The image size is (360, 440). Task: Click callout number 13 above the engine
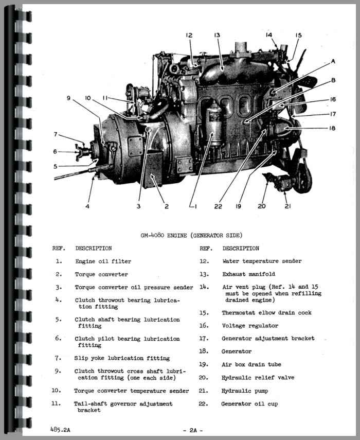pyautogui.click(x=217, y=35)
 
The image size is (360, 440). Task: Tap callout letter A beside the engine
pyautogui.click(x=333, y=61)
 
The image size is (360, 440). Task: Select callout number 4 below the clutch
pyautogui.click(x=87, y=206)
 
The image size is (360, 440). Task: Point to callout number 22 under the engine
pyautogui.click(x=218, y=206)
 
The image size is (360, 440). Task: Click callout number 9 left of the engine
pyautogui.click(x=68, y=98)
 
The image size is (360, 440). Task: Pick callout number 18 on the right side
pyautogui.click(x=332, y=128)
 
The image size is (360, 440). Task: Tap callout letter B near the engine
pyautogui.click(x=333, y=80)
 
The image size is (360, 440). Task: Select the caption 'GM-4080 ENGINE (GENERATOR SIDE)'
pyautogui.click(x=191, y=235)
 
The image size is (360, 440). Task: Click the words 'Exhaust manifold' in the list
pyautogui.click(x=249, y=274)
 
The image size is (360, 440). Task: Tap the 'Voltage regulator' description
pyautogui.click(x=250, y=326)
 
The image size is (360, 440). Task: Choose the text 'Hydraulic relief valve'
pyautogui.click(x=258, y=377)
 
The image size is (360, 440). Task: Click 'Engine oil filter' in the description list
pyautogui.click(x=103, y=261)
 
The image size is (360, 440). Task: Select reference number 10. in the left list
pyautogui.click(x=56, y=390)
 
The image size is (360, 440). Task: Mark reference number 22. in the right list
pyautogui.click(x=203, y=404)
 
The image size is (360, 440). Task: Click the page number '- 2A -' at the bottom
pyautogui.click(x=193, y=430)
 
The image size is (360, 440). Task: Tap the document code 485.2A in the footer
pyautogui.click(x=60, y=429)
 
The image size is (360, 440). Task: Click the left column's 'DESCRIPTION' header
pyautogui.click(x=94, y=249)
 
